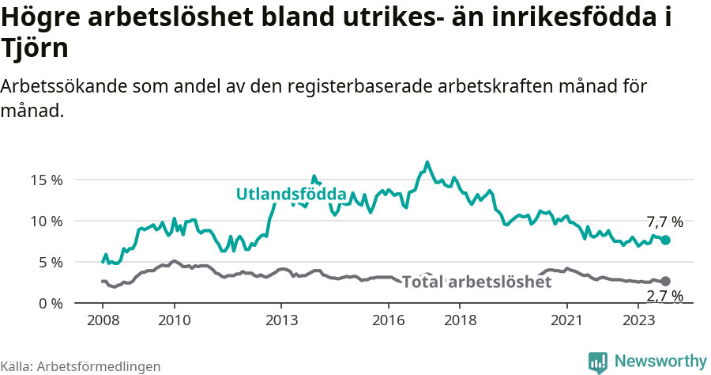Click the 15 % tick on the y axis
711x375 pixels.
tap(47, 180)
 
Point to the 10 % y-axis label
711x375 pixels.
tap(47, 221)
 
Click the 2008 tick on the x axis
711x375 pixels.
tap(103, 320)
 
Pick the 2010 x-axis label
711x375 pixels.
tap(174, 320)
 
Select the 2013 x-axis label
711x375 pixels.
tap(281, 320)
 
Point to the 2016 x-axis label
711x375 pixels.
tap(388, 320)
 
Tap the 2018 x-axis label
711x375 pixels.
tap(460, 320)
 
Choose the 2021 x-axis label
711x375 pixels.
tap(566, 320)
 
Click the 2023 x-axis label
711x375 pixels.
tap(638, 320)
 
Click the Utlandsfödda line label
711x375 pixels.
tap(292, 195)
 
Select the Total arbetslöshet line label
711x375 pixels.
tap(476, 282)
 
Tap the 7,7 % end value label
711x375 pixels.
tap(664, 222)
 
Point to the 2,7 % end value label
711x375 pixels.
tap(664, 297)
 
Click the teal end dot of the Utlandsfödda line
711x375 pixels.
tap(665, 240)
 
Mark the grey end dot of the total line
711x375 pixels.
tap(665, 281)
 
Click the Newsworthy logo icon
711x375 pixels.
tap(598, 362)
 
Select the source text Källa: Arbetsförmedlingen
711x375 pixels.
tap(81, 366)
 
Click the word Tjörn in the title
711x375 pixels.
tap(35, 47)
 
